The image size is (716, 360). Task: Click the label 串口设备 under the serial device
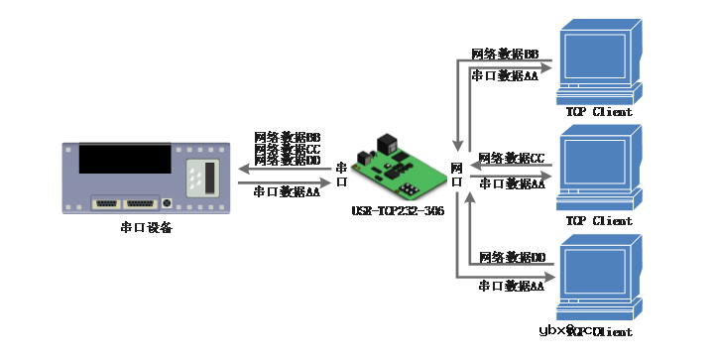(146, 227)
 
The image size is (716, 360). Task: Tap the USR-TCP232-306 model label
(398, 211)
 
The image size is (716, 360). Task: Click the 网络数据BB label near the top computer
(505, 54)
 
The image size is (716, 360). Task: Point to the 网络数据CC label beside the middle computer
(512, 158)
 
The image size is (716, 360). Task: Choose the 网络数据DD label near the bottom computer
(512, 257)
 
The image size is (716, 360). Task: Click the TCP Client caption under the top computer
(599, 113)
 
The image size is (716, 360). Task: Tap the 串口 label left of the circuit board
(342, 176)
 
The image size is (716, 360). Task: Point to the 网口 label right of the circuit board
(457, 176)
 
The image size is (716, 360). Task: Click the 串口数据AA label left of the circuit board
(287, 191)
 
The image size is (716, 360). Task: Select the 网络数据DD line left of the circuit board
(287, 160)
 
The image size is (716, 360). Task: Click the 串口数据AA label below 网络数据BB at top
(505, 75)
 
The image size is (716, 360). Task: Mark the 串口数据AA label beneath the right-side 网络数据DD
(512, 286)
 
